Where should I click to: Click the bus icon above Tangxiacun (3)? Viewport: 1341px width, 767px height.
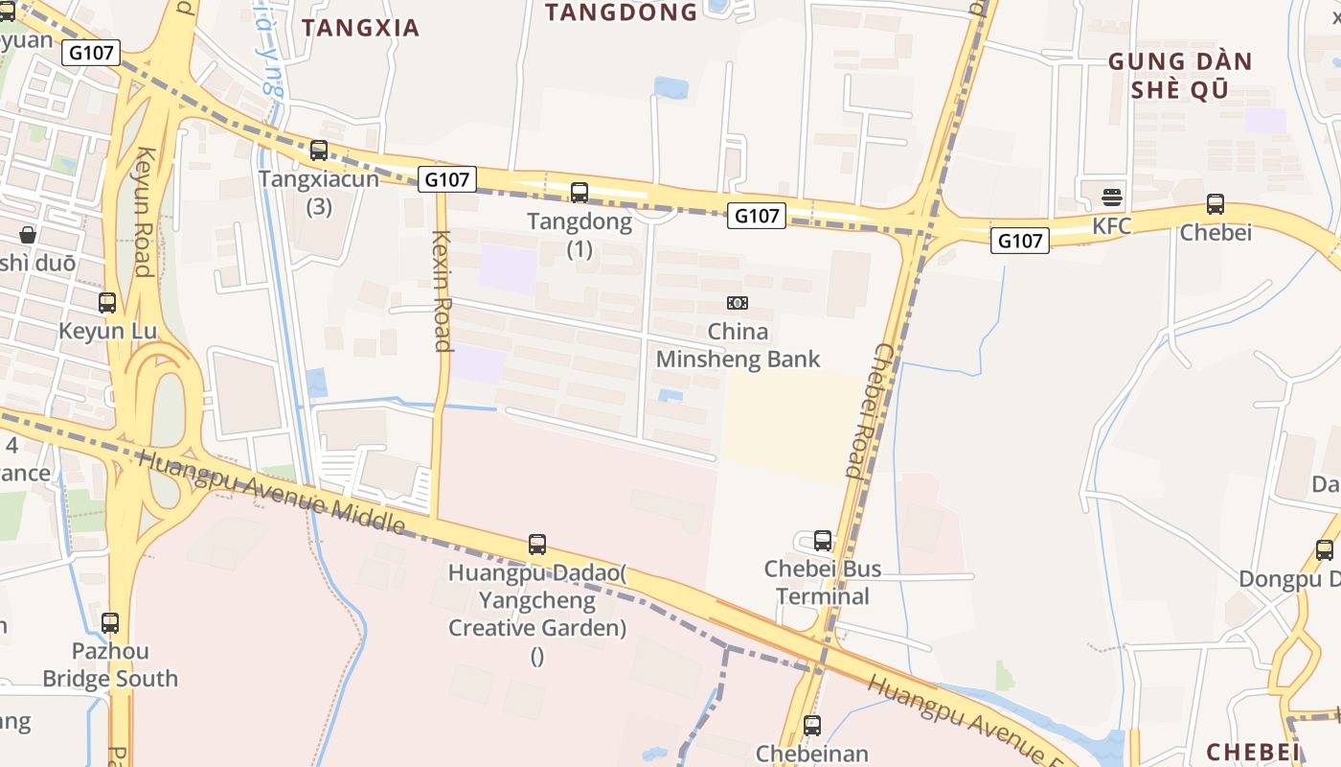(319, 151)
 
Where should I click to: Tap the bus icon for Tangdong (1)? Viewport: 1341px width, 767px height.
(580, 192)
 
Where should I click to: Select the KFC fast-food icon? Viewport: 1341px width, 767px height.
(1112, 198)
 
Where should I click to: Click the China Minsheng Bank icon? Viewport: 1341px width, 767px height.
(738, 303)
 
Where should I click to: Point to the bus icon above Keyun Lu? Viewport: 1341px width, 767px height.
(107, 303)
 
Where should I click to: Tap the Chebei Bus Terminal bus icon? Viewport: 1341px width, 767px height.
(823, 541)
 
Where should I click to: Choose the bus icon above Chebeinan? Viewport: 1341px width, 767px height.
(812, 726)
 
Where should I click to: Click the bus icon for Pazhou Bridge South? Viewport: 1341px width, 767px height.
(110, 623)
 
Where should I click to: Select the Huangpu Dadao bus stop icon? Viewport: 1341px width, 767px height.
(537, 545)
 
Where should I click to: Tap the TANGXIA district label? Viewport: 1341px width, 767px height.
(361, 28)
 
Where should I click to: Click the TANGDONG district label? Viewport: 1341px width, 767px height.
(622, 12)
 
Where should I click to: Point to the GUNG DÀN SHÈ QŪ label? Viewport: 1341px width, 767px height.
(1180, 76)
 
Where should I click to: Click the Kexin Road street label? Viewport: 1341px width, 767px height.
(442, 291)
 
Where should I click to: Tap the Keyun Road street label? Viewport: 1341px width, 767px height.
(144, 211)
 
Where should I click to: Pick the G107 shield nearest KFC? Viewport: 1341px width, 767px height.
(1019, 241)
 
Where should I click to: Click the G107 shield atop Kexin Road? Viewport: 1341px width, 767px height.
(447, 178)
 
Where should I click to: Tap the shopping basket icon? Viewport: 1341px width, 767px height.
(28, 235)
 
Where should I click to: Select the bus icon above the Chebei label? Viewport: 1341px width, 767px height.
(1216, 204)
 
